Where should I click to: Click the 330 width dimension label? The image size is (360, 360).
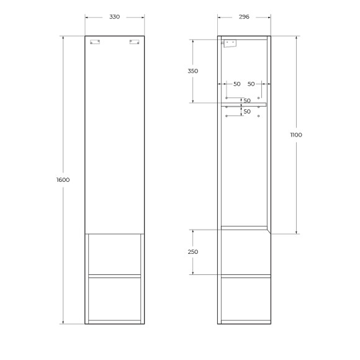click(114, 17)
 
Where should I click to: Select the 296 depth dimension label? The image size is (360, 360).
click(244, 17)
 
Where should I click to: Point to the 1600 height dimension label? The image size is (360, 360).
click(63, 180)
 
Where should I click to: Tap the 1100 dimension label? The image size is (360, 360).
click(295, 135)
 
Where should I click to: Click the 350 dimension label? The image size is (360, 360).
click(192, 71)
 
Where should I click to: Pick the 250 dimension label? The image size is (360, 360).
click(192, 252)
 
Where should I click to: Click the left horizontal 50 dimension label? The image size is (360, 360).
click(236, 84)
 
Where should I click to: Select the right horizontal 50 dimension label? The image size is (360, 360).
click(251, 84)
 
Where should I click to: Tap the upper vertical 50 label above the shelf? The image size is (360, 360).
click(247, 101)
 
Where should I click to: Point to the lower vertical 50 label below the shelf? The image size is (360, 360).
click(247, 112)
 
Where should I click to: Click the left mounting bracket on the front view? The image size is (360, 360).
click(95, 42)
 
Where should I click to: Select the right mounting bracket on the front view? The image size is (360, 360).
click(133, 42)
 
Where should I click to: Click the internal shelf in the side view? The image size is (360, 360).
click(244, 105)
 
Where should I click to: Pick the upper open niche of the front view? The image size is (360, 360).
click(114, 254)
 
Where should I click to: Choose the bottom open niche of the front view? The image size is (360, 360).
click(114, 299)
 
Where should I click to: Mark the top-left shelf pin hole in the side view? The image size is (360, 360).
click(227, 98)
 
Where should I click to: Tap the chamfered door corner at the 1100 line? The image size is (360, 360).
click(269, 231)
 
